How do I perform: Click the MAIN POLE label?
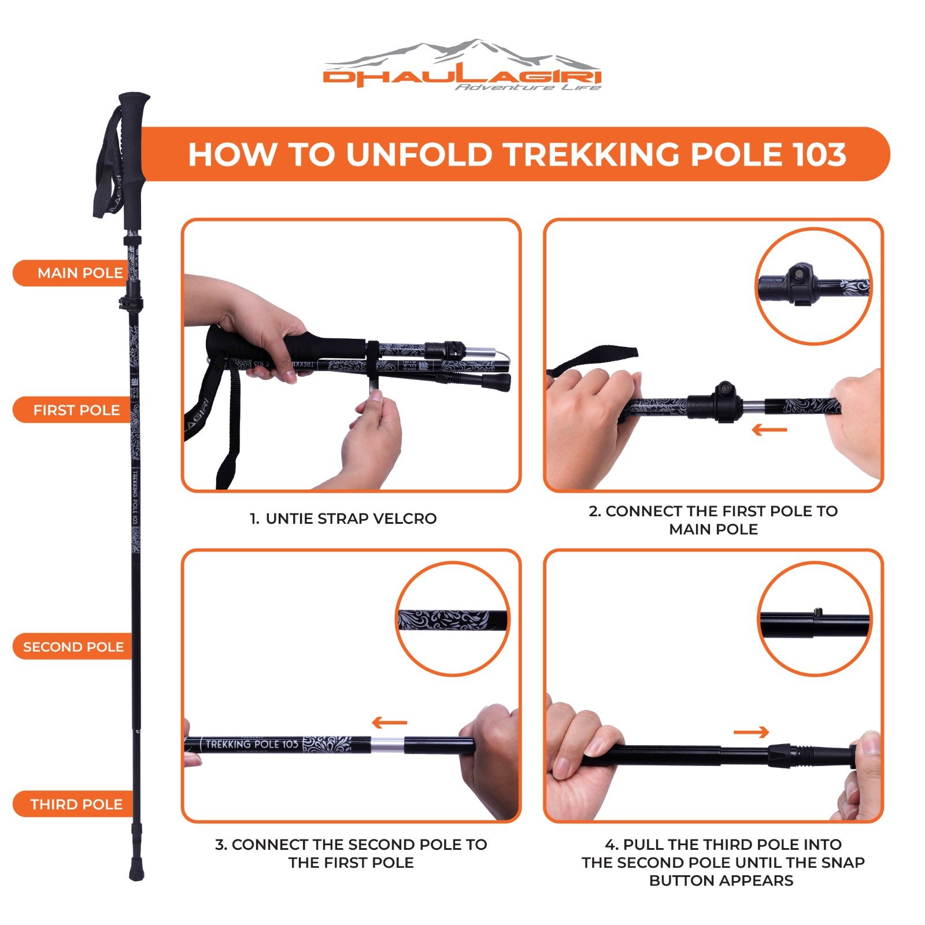point(80,273)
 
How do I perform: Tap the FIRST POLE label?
point(76,410)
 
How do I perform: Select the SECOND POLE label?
point(73,647)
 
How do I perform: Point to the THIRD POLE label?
point(76,804)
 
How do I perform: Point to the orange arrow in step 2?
point(769,430)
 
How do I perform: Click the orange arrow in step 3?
point(390,722)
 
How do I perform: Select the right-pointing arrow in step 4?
point(751,732)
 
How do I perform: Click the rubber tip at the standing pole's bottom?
point(136,870)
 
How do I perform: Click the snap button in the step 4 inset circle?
point(817,612)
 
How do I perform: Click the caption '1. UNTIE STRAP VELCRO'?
point(343,519)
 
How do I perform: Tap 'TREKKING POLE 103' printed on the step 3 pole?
point(251,744)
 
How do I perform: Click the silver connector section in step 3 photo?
point(387,746)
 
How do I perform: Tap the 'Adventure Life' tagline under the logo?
point(528,87)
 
